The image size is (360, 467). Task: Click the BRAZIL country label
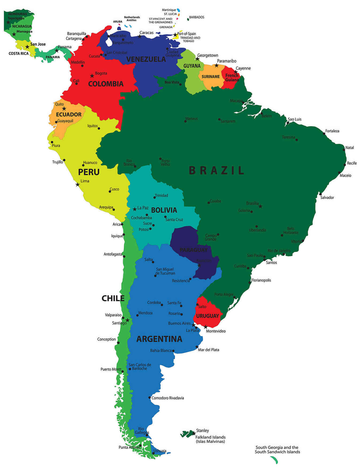coord(216,170)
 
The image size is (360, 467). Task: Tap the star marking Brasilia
coord(260,206)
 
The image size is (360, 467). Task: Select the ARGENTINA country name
coord(159,339)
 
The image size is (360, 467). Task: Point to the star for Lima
coord(78,185)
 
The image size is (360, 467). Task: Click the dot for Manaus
coord(185,121)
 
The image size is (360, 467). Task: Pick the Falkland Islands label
coord(210,437)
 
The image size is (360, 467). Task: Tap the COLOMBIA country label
coord(106,84)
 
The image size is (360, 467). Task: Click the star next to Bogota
coord(92,76)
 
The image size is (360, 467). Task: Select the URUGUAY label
coord(207,316)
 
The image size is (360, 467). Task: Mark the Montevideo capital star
coord(206,327)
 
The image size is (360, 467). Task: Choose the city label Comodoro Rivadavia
coord(168,398)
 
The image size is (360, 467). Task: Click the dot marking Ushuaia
coord(153,453)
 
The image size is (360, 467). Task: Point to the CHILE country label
coord(113,298)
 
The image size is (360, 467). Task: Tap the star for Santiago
coord(127,320)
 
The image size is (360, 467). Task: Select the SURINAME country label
coord(211,77)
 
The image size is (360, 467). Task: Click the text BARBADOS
coord(197,17)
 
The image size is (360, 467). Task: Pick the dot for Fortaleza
coord(324,133)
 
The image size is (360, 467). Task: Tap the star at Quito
coord(64,109)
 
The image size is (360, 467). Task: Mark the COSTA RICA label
coord(18,53)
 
